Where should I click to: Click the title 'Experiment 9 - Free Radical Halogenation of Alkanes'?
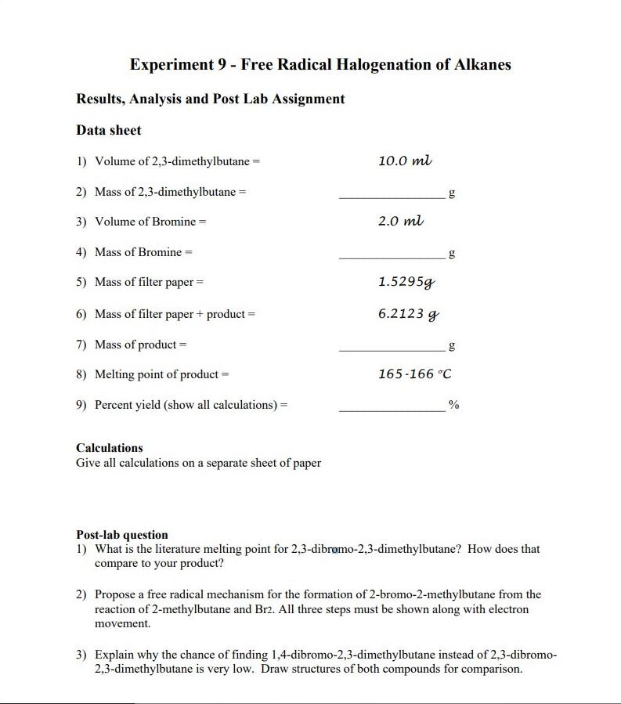(320, 64)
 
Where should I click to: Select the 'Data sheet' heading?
(109, 130)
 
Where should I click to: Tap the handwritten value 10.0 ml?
(404, 161)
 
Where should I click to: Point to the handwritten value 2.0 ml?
(400, 222)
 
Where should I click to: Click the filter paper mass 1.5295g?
(407, 281)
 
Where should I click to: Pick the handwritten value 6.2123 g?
(408, 313)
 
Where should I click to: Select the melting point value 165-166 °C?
(414, 374)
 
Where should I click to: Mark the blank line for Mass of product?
(392, 348)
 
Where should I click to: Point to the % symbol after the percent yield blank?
(453, 405)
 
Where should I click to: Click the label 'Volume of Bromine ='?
(150, 222)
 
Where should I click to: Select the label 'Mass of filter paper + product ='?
(175, 314)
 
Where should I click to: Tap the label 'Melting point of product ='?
(161, 374)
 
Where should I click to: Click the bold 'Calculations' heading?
(110, 448)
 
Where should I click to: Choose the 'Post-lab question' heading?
(122, 535)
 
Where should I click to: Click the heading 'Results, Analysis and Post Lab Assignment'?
(210, 99)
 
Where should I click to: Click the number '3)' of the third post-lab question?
(81, 654)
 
